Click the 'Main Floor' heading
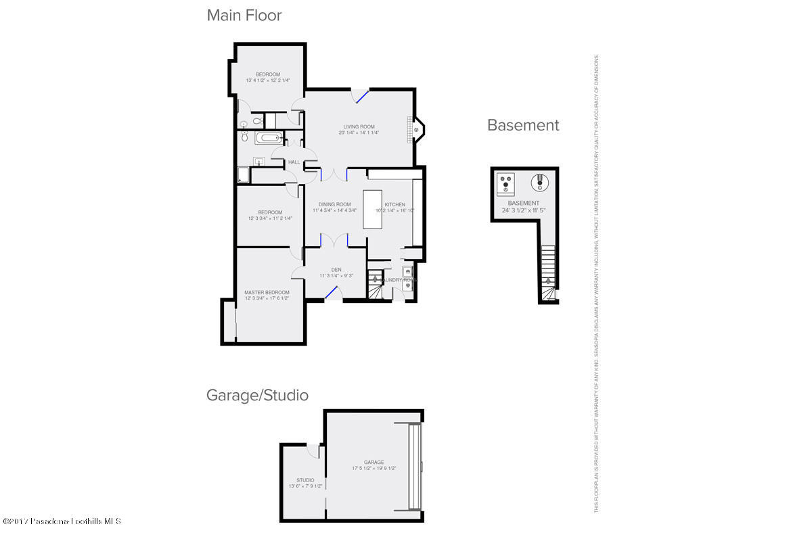pyautogui.click(x=244, y=15)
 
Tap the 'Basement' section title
pyautogui.click(x=523, y=125)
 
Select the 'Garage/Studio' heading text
pyautogui.click(x=257, y=395)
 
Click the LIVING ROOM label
pyautogui.click(x=359, y=126)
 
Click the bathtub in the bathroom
pyautogui.click(x=269, y=139)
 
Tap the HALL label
pyautogui.click(x=294, y=162)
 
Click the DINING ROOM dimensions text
pyautogui.click(x=334, y=210)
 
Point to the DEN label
pyautogui.click(x=336, y=269)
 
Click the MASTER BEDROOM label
pyautogui.click(x=267, y=292)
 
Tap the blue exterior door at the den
pyautogui.click(x=332, y=292)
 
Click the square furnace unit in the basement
pyautogui.click(x=505, y=183)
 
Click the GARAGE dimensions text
pyautogui.click(x=374, y=468)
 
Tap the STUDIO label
pyautogui.click(x=305, y=480)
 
